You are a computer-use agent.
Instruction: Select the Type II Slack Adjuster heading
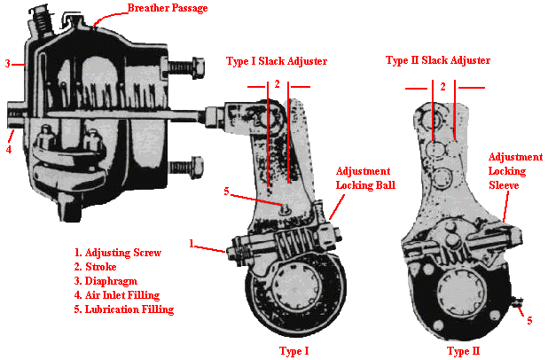click(438, 60)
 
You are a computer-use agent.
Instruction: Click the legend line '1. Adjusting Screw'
click(117, 253)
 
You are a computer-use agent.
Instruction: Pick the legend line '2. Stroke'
click(98, 267)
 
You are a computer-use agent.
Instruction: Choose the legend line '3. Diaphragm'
click(107, 281)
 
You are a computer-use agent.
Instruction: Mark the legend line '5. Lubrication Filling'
click(123, 309)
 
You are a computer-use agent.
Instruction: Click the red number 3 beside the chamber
click(7, 64)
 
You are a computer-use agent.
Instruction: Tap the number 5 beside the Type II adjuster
click(529, 320)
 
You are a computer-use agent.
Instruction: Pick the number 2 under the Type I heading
click(278, 83)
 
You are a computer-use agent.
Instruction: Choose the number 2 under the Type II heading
click(443, 86)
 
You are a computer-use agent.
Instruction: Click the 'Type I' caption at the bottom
click(294, 351)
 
